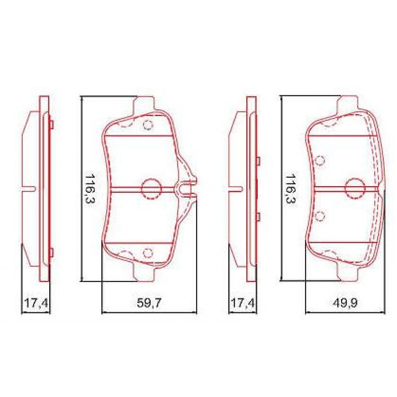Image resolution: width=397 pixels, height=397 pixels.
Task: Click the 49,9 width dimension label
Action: pyautogui.click(x=345, y=303)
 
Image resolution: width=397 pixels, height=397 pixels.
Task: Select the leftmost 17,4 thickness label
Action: pyautogui.click(x=36, y=303)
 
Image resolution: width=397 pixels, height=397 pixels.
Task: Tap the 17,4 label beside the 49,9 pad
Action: pyautogui.click(x=243, y=303)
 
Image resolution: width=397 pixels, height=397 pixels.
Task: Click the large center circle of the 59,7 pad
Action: pyautogui.click(x=151, y=189)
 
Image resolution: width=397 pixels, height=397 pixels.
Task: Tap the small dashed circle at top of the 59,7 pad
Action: pyautogui.click(x=148, y=125)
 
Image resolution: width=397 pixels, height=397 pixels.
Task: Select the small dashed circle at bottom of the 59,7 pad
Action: pyautogui.click(x=148, y=253)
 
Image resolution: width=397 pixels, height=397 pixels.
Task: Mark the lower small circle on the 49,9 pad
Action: pyautogui.click(x=320, y=216)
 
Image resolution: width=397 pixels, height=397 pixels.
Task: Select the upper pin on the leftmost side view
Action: pyautogui.click(x=51, y=124)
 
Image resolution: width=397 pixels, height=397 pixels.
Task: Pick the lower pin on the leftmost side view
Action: pyautogui.click(x=51, y=252)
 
